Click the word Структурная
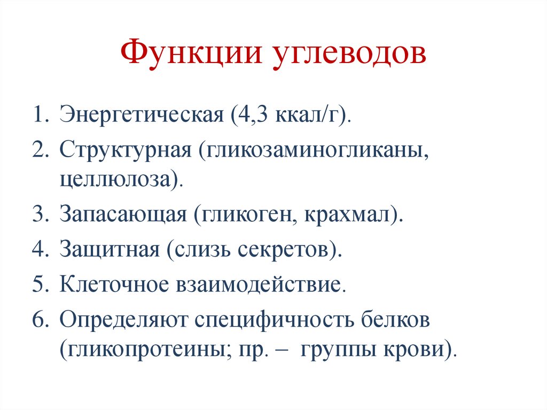[x=126, y=149]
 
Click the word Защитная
[x=110, y=249]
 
